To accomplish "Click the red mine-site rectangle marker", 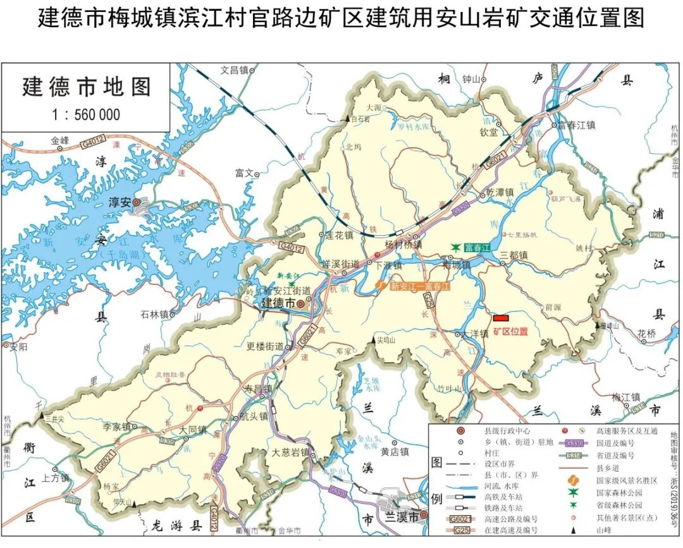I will [x=501, y=317].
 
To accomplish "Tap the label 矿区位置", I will [x=510, y=331].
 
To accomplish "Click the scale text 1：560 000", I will [x=86, y=114].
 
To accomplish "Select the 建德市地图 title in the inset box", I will [x=87, y=87].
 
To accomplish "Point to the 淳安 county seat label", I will [x=120, y=202].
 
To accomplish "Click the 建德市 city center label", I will [x=278, y=303].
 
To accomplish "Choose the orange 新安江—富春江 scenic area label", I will [x=419, y=286].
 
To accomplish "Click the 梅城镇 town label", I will [x=457, y=266].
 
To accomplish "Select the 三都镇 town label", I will [x=514, y=255].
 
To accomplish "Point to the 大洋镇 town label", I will [x=474, y=334].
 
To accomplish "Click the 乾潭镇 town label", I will [x=498, y=192].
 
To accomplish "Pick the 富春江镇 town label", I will [x=576, y=125].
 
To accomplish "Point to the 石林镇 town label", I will [x=154, y=314].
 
